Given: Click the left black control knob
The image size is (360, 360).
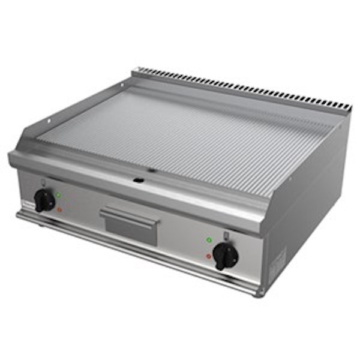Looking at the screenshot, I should point(44,200).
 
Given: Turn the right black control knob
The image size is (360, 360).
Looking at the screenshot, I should point(226,256).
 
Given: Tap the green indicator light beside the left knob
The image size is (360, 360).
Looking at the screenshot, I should point(58,194).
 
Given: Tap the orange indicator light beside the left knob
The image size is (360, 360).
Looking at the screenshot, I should point(59,209).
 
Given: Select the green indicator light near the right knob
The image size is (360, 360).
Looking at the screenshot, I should point(209,240).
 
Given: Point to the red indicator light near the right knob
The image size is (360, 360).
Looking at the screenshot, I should point(208,256).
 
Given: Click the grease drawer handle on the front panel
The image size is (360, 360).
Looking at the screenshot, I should point(130,215).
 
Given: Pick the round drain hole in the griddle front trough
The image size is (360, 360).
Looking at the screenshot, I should point(138,179).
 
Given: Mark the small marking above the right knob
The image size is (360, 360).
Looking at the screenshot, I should point(226,235).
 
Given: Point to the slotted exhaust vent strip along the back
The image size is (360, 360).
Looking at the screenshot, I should point(240,87).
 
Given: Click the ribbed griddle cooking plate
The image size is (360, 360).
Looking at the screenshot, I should point(180,135).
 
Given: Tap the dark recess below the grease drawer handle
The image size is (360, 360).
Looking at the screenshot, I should point(131,231).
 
